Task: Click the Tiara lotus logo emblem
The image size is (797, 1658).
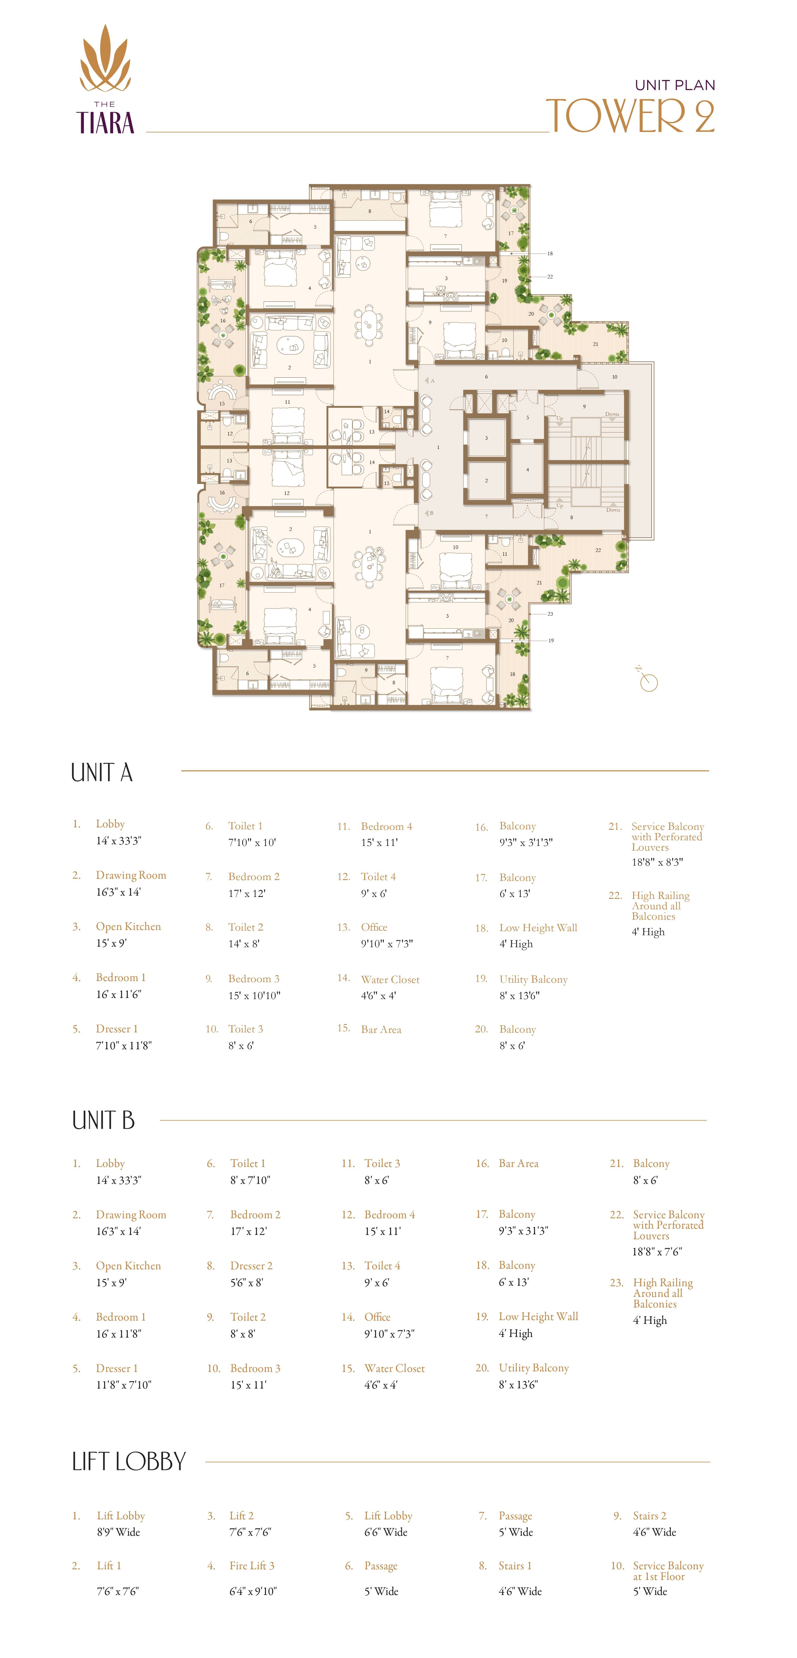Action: coord(105,59)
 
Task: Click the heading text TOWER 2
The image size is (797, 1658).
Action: coord(630,116)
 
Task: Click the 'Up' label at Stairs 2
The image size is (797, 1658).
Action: coord(559,418)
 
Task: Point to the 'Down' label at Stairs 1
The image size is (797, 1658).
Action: coord(612,510)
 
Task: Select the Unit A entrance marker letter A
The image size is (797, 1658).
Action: coord(432,381)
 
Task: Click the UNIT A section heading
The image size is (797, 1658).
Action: coord(102,772)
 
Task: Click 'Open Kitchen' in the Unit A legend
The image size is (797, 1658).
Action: coord(128,926)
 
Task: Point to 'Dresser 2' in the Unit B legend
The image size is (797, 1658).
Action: coord(251,1265)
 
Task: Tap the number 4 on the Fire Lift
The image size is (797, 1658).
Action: coord(527,469)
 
